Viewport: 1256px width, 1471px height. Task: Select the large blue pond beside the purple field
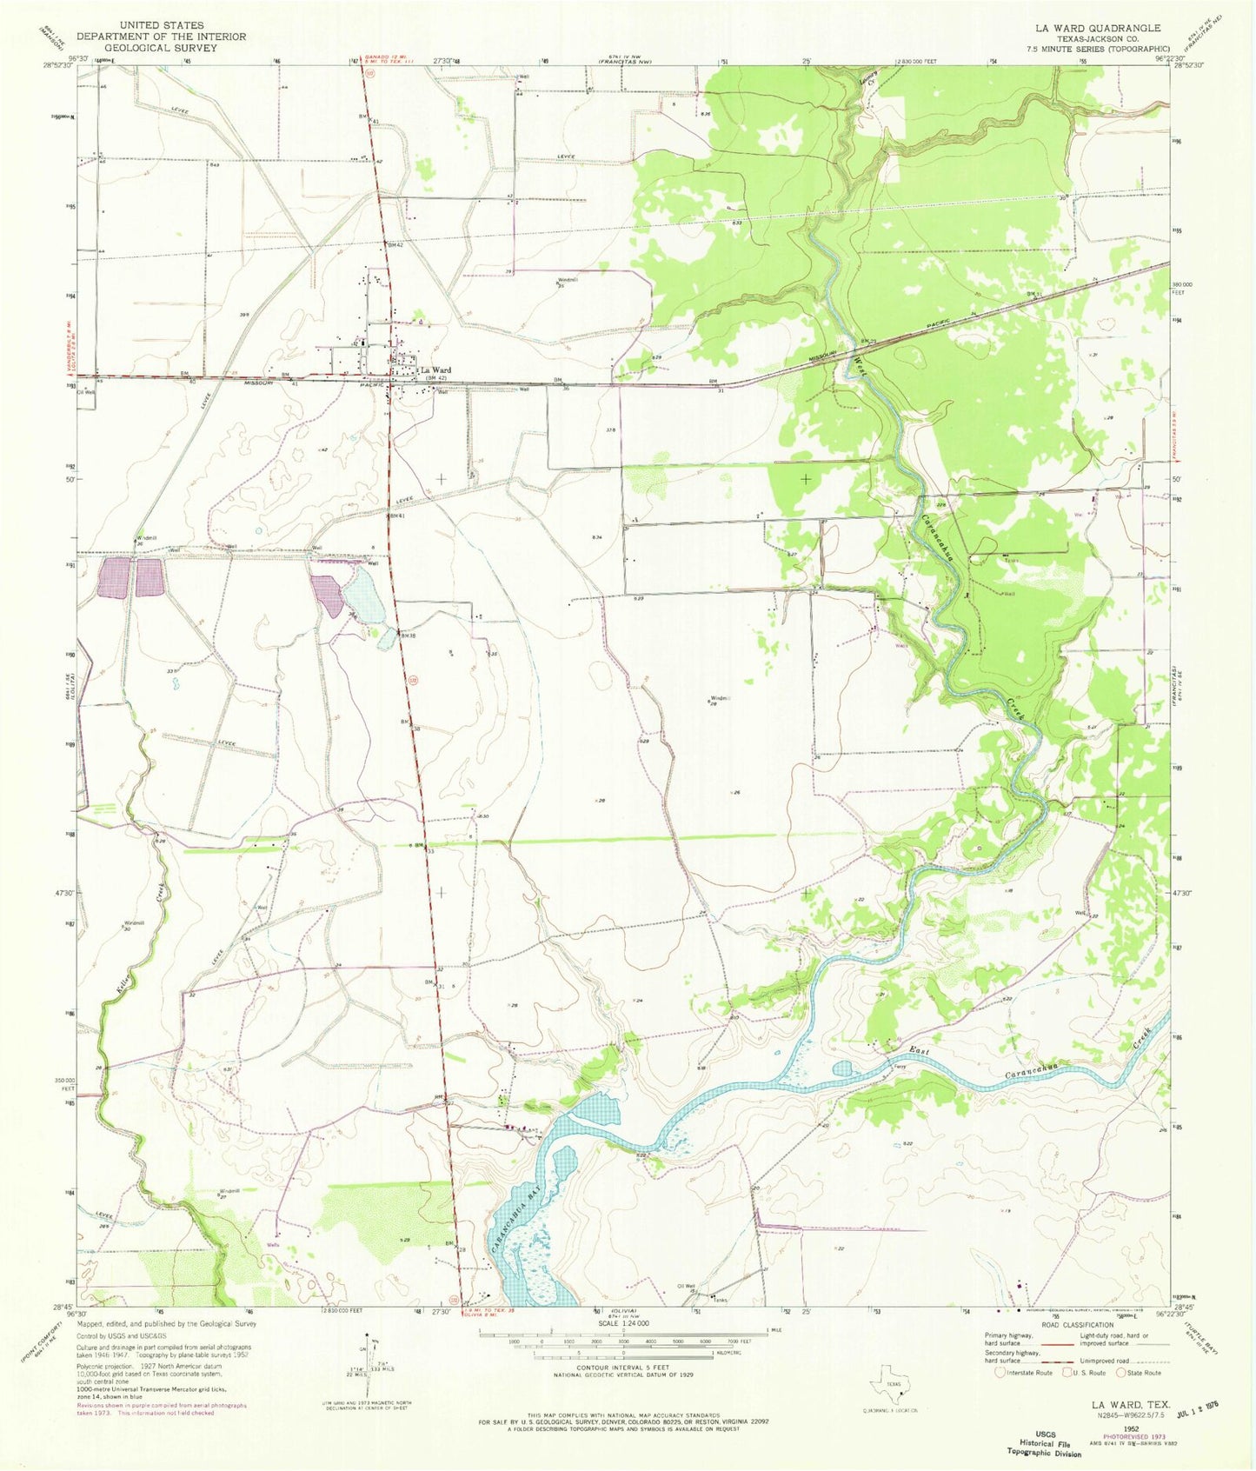362,596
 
